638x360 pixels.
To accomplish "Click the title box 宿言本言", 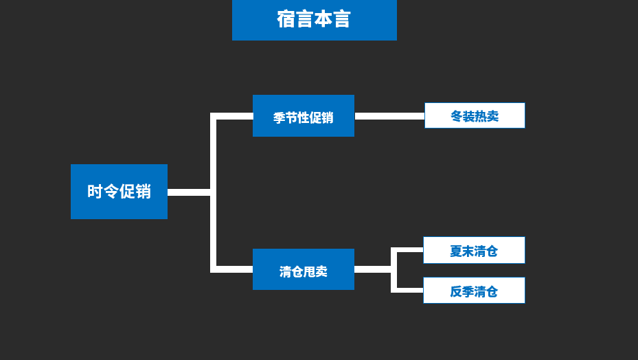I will tap(314, 20).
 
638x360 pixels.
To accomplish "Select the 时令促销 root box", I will tap(119, 192).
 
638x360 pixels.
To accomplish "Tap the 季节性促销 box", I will tap(303, 116).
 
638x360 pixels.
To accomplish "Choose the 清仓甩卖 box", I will tap(303, 269).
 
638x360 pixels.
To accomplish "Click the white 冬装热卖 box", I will tap(475, 115).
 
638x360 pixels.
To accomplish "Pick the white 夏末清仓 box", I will tap(474, 250).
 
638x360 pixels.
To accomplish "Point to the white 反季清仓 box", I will tap(474, 291).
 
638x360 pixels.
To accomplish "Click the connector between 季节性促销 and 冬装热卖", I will tap(389, 116).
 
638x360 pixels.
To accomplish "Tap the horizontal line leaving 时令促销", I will tap(188, 192).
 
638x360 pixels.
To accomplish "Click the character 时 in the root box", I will tap(95, 192).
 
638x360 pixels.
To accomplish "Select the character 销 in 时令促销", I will tap(143, 192).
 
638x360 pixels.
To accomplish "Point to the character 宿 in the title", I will tap(286, 20).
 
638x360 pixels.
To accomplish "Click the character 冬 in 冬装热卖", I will tap(457, 116).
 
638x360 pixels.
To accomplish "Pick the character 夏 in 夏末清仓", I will tap(456, 251).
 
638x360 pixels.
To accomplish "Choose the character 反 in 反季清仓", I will tap(456, 291).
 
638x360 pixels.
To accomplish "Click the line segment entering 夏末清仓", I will tap(409, 250).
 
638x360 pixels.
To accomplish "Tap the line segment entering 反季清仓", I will tap(409, 290).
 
